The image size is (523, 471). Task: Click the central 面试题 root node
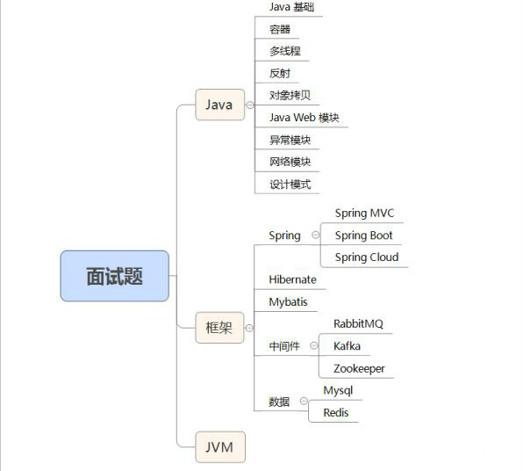point(114,276)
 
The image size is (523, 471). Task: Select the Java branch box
point(219,105)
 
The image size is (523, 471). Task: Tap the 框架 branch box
point(219,328)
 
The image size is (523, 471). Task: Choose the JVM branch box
point(220,447)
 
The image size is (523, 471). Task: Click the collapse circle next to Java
point(250,105)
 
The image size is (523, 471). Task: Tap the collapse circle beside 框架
point(249,328)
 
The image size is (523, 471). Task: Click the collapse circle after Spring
point(316,235)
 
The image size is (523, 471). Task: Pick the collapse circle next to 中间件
point(314,345)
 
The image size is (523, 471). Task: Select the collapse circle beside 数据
point(304,401)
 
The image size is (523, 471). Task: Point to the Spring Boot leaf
point(363,235)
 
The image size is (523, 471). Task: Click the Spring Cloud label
point(367,257)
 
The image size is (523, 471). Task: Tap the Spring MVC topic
point(364,214)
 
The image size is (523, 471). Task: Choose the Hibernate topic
point(292,279)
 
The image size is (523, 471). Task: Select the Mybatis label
point(288,302)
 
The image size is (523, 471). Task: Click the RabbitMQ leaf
point(358,323)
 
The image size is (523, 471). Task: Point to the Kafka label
point(347,346)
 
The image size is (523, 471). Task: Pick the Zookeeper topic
point(359,368)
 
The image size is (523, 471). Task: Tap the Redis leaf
point(336,412)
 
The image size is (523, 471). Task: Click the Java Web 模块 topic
point(304,118)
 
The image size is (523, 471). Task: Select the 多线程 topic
point(285,51)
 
